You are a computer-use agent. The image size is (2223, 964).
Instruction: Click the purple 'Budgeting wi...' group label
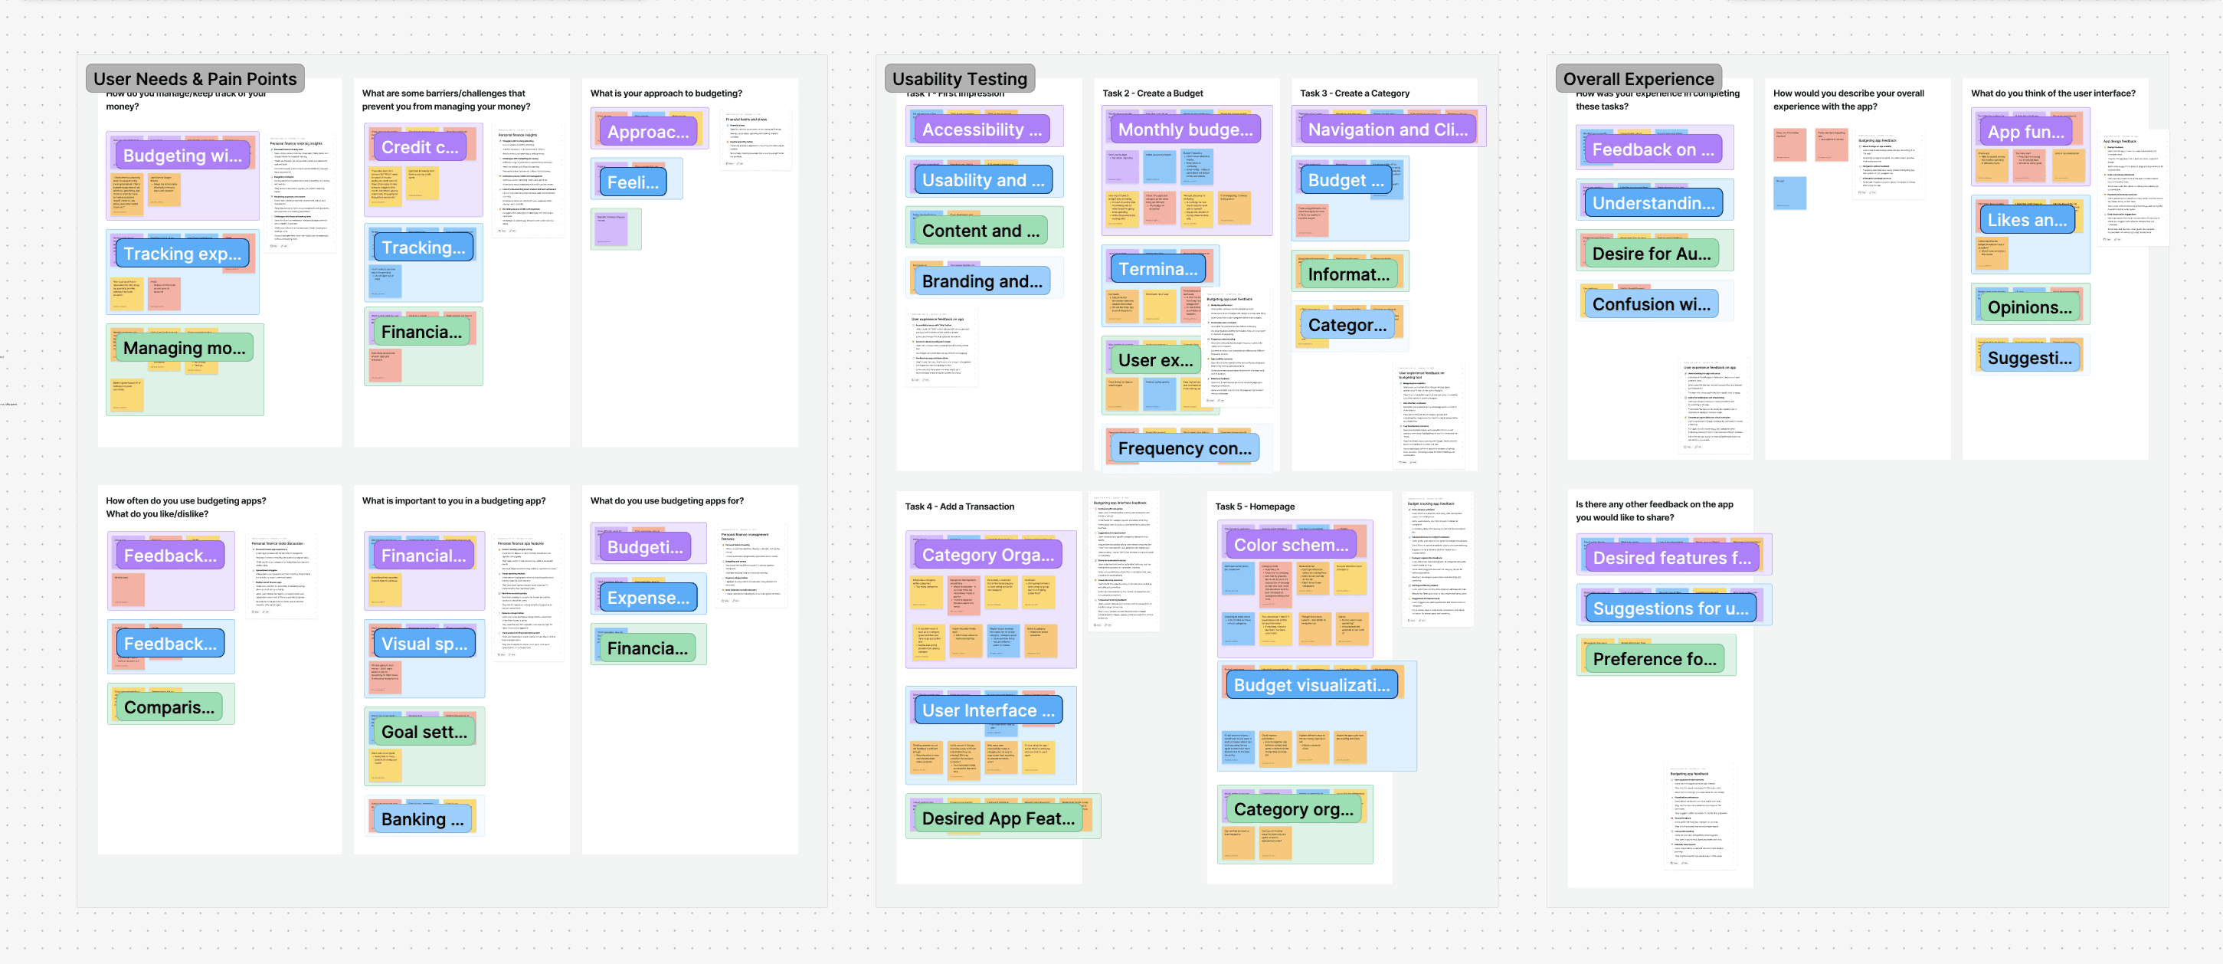pyautogui.click(x=182, y=156)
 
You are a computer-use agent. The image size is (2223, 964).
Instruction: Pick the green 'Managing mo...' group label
pyautogui.click(x=184, y=349)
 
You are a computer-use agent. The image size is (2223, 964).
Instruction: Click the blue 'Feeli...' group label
pyautogui.click(x=632, y=183)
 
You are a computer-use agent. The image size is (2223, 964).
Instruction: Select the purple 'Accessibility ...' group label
pyautogui.click(x=981, y=130)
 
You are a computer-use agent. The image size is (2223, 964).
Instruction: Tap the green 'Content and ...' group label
pyautogui.click(x=981, y=231)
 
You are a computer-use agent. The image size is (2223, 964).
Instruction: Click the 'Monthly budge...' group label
pyautogui.click(x=1185, y=130)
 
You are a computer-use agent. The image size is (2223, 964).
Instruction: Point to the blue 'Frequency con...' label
pyautogui.click(x=1184, y=449)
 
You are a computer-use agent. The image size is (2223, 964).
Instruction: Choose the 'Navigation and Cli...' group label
pyautogui.click(x=1387, y=130)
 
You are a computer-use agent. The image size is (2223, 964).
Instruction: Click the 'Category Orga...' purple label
pyautogui.click(x=987, y=556)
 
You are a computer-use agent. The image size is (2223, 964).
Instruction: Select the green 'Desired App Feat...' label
pyautogui.click(x=997, y=819)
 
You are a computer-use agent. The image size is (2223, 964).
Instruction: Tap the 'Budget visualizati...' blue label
pyautogui.click(x=1311, y=686)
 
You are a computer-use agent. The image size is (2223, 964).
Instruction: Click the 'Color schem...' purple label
pyautogui.click(x=1290, y=546)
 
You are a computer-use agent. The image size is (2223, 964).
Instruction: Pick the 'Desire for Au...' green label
pyautogui.click(x=1651, y=254)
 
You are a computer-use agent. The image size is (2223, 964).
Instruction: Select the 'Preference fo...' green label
pyautogui.click(x=1655, y=659)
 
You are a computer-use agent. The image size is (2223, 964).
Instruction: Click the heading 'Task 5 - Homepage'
pyautogui.click(x=1254, y=507)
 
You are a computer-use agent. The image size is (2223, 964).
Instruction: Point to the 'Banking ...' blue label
pyautogui.click(x=422, y=820)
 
